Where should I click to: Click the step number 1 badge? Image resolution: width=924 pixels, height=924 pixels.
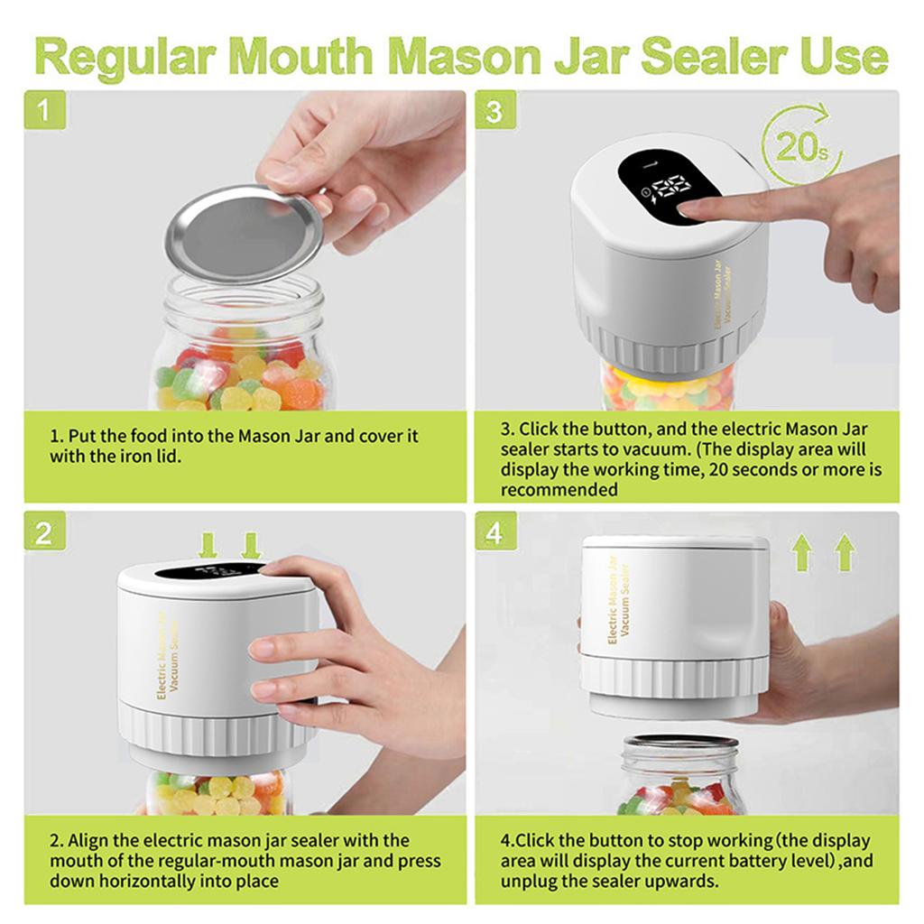pyautogui.click(x=44, y=111)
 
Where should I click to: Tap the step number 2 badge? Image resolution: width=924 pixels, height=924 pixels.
pyautogui.click(x=44, y=532)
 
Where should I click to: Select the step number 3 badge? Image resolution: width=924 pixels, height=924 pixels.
pyautogui.click(x=494, y=111)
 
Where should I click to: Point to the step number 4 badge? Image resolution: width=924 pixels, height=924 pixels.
pyautogui.click(x=494, y=532)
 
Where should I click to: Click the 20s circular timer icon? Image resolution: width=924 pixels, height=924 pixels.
pyautogui.click(x=801, y=144)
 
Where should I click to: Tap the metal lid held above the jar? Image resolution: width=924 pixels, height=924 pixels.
pyautogui.click(x=244, y=233)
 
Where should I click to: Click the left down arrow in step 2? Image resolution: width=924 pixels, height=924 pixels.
pyautogui.click(x=208, y=545)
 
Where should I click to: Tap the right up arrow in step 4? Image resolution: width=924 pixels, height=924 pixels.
pyautogui.click(x=845, y=552)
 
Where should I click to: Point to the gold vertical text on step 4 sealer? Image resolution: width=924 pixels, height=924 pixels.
pyautogui.click(x=619, y=600)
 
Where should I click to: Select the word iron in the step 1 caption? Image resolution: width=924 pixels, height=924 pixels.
pyautogui.click(x=131, y=456)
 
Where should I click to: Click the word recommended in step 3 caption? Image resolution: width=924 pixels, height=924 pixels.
pyautogui.click(x=559, y=490)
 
